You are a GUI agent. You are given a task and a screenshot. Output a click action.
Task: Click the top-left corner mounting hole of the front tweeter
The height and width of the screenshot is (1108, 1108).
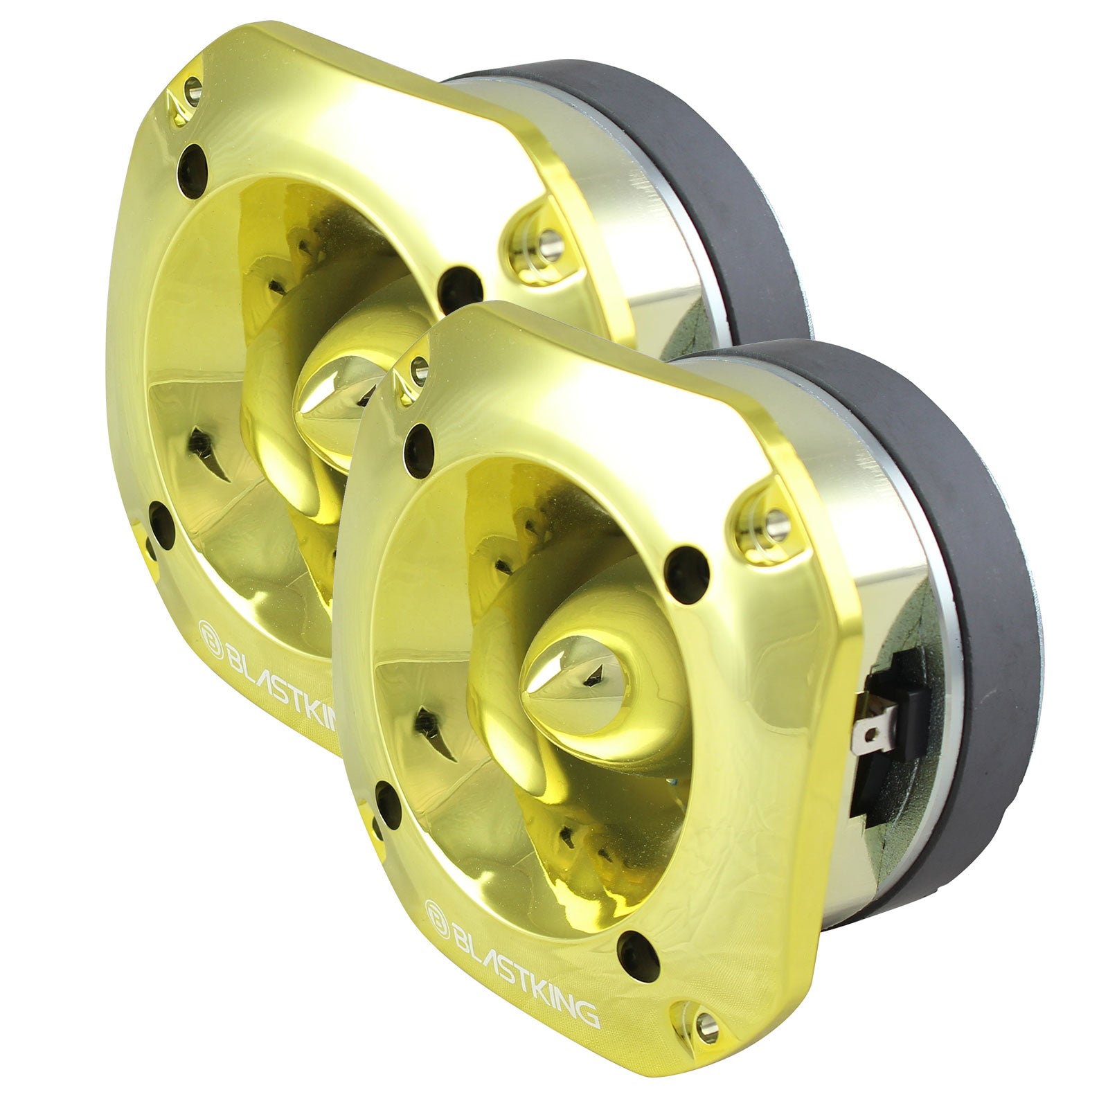[418, 372]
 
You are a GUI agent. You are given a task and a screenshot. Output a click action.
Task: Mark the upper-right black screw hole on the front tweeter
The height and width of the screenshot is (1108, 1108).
[688, 567]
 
